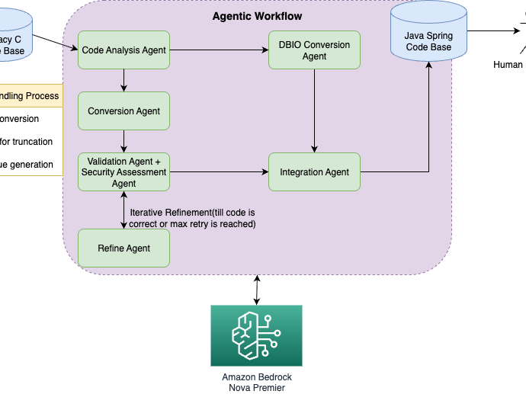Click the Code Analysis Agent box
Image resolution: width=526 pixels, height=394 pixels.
[x=123, y=50]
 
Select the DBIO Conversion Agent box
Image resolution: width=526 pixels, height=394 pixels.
[x=314, y=50]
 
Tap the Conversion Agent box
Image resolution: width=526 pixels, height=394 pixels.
[x=123, y=111]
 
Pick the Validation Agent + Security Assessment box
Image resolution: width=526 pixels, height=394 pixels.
[x=123, y=172]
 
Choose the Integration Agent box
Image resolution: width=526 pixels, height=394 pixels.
[x=314, y=172]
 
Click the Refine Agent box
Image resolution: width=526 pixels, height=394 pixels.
[x=123, y=248]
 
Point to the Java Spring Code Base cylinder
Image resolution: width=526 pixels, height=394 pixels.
[x=428, y=34]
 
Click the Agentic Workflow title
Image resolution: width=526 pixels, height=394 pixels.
[x=257, y=16]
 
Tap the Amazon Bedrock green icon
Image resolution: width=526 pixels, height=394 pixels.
[x=256, y=335]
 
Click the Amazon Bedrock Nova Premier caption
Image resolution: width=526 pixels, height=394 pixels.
[x=256, y=383]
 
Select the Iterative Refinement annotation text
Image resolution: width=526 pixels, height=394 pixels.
[x=192, y=218]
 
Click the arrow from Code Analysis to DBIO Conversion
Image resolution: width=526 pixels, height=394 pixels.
[x=218, y=50]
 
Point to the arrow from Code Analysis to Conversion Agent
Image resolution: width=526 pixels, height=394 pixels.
[x=123, y=81]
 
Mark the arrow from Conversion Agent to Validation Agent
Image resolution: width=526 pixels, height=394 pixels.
[x=123, y=142]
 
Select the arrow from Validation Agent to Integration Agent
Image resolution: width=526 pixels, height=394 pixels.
[x=218, y=172]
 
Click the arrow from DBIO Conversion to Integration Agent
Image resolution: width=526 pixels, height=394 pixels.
[x=314, y=111]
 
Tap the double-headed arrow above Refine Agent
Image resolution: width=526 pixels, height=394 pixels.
[x=123, y=210]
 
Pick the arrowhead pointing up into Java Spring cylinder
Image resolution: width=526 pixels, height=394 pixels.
[x=428, y=66]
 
